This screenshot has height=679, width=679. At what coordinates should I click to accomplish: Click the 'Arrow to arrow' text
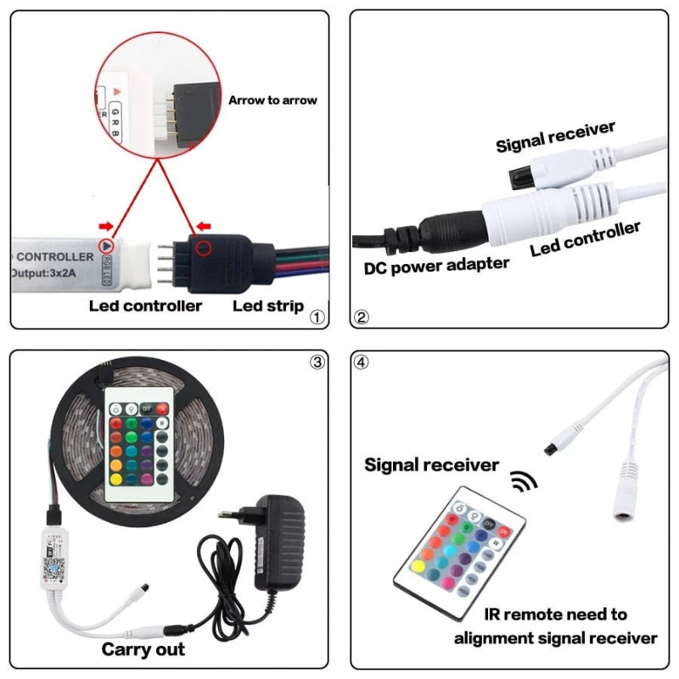coord(272,100)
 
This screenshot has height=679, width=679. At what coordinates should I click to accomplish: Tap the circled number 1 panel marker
coord(316,318)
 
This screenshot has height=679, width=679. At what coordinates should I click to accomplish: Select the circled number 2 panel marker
coord(362,318)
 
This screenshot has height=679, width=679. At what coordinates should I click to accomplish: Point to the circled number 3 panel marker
coord(316,362)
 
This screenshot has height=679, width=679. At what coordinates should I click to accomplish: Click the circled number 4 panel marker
coord(362,362)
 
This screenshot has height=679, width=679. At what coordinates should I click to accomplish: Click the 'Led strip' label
coord(268,306)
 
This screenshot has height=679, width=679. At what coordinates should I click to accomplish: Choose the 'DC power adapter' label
coord(436,266)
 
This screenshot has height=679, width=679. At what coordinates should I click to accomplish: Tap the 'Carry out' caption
coord(143,649)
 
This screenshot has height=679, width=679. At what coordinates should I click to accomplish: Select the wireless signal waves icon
coord(524,482)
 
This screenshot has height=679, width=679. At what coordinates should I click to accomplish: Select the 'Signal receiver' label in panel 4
coord(431,464)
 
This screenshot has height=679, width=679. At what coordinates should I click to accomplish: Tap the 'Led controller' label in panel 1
coord(145,306)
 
